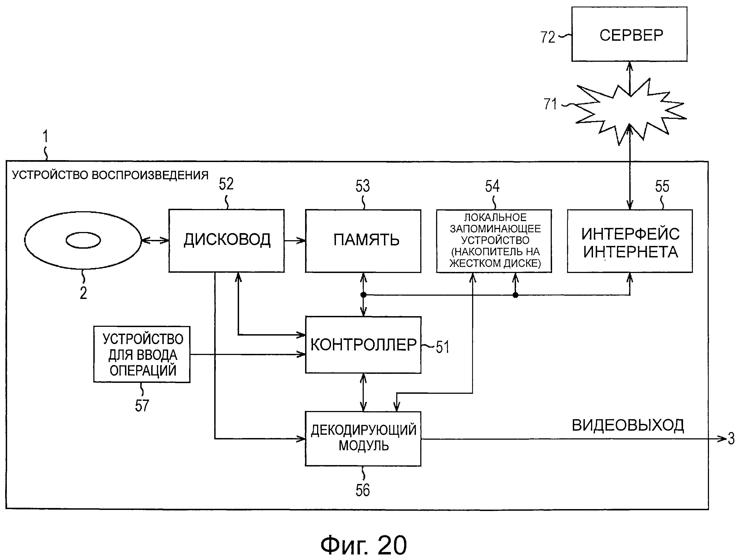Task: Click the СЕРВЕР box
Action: pyautogui.click(x=629, y=34)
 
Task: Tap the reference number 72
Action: pyautogui.click(x=548, y=37)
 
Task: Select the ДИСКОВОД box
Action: pyautogui.click(x=227, y=240)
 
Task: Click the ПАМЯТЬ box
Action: pyautogui.click(x=363, y=240)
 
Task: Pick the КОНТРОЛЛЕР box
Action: pyautogui.click(x=363, y=345)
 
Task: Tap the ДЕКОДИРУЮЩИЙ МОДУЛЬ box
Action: pyautogui.click(x=363, y=438)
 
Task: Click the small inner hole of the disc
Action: pyautogui.click(x=83, y=240)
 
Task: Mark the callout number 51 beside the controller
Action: pyautogui.click(x=442, y=347)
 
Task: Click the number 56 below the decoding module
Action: pyautogui.click(x=362, y=490)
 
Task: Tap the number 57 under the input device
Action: pyautogui.click(x=142, y=406)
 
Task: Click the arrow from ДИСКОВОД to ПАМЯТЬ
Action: pyautogui.click(x=295, y=240)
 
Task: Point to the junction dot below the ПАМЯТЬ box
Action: pyautogui.click(x=363, y=295)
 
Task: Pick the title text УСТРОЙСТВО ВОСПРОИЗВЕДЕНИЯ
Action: pyautogui.click(x=110, y=175)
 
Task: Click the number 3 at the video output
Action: pyautogui.click(x=731, y=439)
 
